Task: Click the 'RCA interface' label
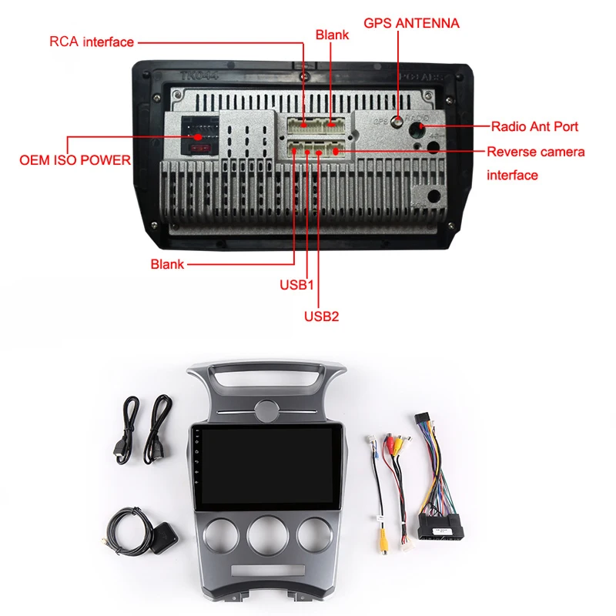92,42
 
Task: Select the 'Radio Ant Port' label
534,126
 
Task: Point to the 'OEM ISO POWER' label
75,161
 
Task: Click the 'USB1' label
297,284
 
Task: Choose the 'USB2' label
321,315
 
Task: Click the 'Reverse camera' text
535,152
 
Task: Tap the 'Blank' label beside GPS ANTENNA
332,35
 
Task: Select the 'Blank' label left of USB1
167,264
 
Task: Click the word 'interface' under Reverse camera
512,176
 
